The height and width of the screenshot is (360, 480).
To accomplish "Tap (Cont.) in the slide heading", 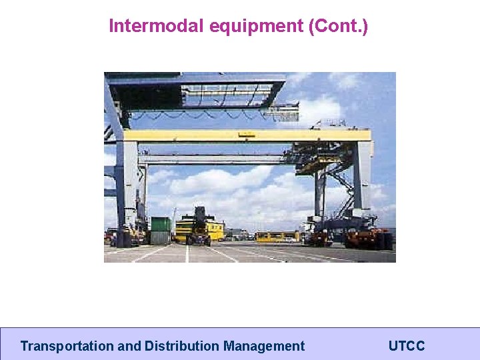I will tap(338, 26).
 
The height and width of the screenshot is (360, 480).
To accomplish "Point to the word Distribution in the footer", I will tap(182, 346).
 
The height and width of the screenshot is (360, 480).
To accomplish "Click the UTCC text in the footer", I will tap(406, 346).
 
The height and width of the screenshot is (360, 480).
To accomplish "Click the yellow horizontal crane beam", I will tap(247, 135).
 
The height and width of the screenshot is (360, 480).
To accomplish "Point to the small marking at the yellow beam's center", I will tap(246, 135).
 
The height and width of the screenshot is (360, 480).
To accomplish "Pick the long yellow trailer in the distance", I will tap(277, 236).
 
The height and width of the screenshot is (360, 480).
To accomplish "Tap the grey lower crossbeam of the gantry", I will tap(213, 160).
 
